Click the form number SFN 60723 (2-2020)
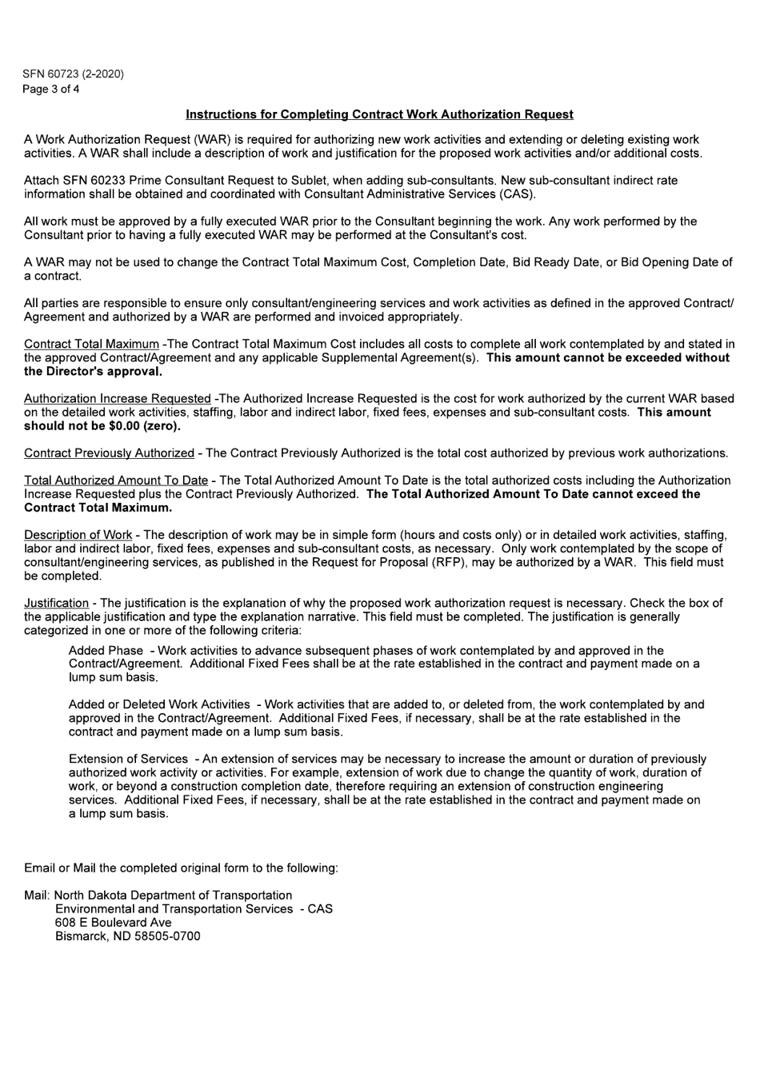[74, 74]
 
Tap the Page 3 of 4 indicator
[51, 89]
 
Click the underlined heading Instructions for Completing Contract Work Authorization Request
[379, 115]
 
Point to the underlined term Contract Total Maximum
[91, 345]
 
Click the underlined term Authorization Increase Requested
[117, 399]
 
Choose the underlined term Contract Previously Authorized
[109, 453]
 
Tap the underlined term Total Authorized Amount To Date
[115, 481]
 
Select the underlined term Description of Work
[78, 535]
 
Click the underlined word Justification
[56, 603]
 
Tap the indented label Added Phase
[106, 651]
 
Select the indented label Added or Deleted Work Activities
[159, 704]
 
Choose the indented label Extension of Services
[128, 759]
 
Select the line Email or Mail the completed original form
[181, 868]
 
